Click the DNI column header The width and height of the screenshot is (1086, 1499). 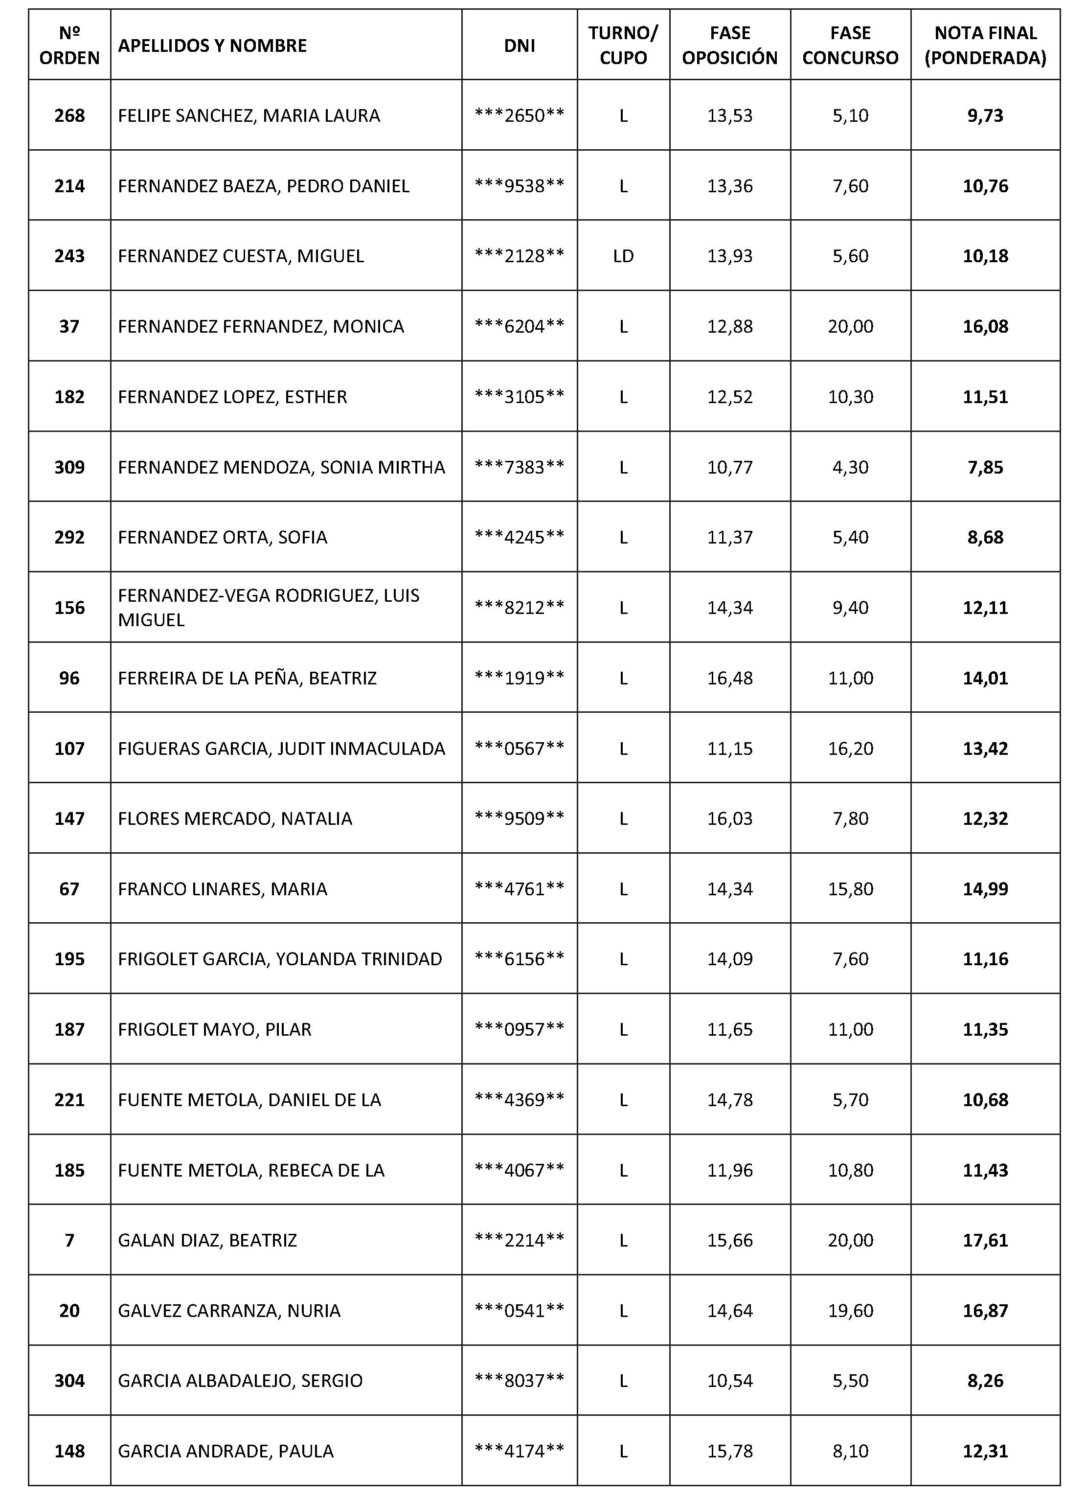click(519, 45)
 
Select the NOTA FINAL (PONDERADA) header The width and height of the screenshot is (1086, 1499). click(985, 45)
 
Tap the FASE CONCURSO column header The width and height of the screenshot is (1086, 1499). click(850, 45)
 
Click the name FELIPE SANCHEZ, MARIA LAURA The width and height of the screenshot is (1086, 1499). click(249, 115)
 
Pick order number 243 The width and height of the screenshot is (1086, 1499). click(69, 256)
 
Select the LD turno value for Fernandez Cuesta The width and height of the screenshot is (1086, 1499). click(623, 256)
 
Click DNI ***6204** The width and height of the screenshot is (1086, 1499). click(519, 326)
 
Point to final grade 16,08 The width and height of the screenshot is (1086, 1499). click(985, 326)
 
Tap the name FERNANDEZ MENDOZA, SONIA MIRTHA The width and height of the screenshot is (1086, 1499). click(281, 467)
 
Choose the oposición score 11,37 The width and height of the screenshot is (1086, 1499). click(730, 537)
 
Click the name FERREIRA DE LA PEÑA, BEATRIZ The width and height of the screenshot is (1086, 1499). click(247, 678)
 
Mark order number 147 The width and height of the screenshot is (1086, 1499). click(69, 819)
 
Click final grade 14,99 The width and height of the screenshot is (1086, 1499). click(985, 889)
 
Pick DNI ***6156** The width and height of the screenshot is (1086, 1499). click(519, 959)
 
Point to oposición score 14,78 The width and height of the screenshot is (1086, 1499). click(730, 1100)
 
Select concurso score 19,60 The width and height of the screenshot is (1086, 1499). click(850, 1311)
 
